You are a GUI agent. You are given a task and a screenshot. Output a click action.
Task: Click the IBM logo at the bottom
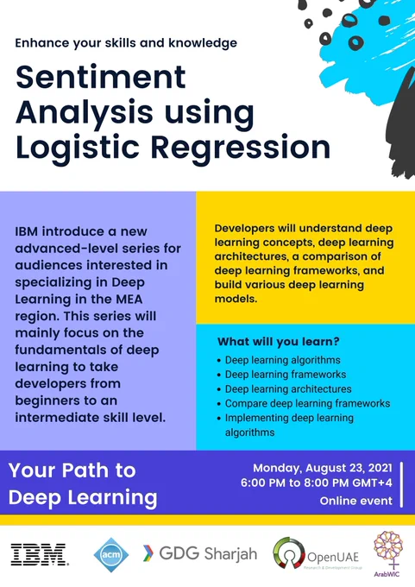(40, 554)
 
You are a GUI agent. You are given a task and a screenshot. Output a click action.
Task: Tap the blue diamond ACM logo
(111, 555)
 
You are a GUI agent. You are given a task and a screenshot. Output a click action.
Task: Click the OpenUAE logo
(316, 555)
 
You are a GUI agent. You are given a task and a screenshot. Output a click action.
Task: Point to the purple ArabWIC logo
(388, 553)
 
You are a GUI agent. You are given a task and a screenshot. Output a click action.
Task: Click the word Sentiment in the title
(101, 77)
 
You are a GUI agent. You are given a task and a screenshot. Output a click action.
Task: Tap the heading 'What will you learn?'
(279, 342)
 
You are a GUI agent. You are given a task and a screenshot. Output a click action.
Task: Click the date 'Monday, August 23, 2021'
(323, 469)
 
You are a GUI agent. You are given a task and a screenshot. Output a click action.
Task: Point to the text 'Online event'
(355, 501)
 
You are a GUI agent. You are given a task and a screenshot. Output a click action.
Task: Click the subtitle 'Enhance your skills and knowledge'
(126, 43)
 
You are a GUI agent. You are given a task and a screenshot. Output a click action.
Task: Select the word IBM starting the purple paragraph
(27, 231)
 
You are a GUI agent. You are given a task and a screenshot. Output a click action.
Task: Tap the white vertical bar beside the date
(401, 484)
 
